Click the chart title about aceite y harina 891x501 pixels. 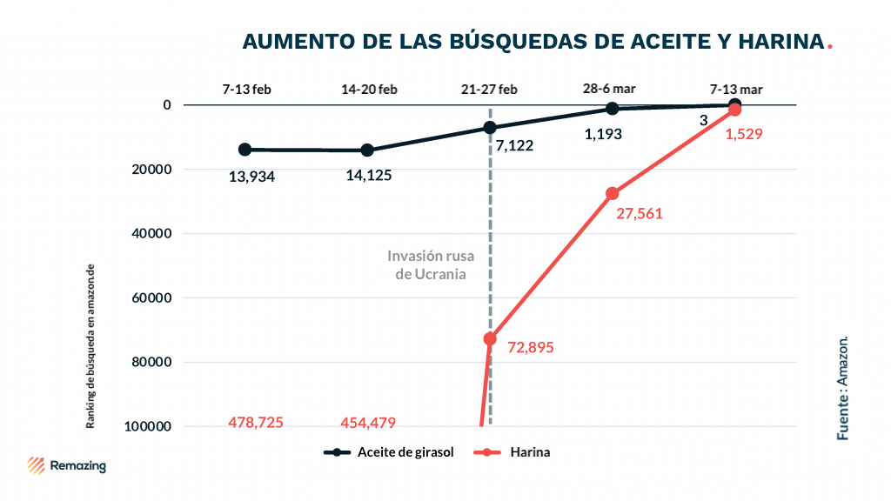coord(533,42)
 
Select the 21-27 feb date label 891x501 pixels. coord(489,90)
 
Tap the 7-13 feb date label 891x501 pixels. coord(246,90)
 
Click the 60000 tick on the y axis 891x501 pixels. coord(152,297)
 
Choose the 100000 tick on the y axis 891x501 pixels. coord(149,426)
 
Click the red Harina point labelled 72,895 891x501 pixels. coord(490,338)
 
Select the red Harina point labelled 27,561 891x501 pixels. coord(613,193)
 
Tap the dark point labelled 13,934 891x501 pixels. coord(245,150)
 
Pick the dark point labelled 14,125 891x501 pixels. coord(367,150)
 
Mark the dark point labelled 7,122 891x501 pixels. coord(490,128)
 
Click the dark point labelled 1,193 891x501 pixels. coord(613,109)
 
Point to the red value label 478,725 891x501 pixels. coord(256,423)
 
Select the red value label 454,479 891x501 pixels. coord(367,423)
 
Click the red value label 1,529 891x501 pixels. coord(744,135)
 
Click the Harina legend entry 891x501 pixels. coord(514,452)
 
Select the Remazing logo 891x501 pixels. coord(67,465)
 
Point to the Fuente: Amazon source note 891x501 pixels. coord(842,387)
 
